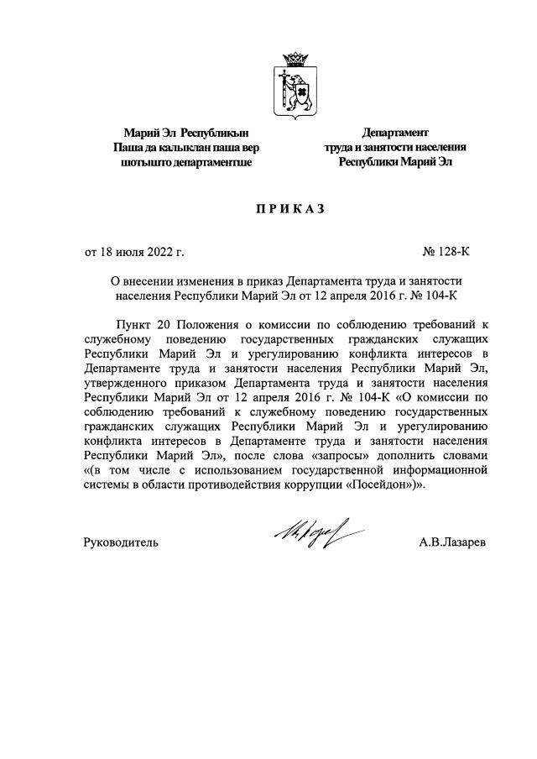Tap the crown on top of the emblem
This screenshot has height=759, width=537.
click(295, 60)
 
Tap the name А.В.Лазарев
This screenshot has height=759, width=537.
click(452, 542)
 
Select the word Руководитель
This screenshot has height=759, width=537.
click(121, 542)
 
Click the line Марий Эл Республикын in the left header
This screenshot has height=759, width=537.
click(186, 133)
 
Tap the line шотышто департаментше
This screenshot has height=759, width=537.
click(186, 162)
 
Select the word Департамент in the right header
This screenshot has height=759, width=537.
click(394, 133)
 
